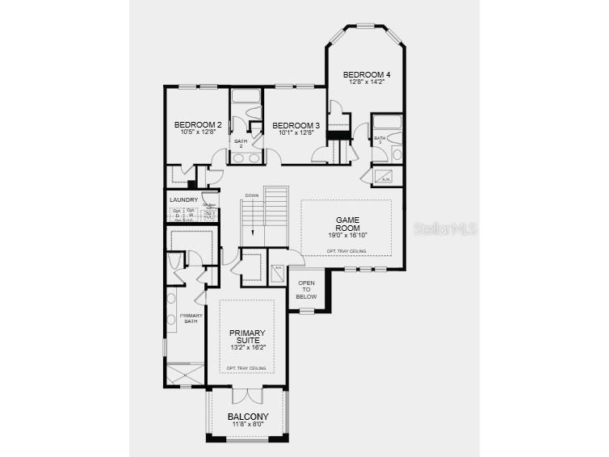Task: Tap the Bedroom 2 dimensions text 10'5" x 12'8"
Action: [x=198, y=132]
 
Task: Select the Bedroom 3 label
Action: [x=296, y=125]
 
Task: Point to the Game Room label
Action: [x=347, y=224]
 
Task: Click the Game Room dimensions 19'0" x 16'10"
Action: [x=347, y=235]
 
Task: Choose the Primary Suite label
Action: [x=247, y=337]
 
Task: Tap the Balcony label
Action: [x=247, y=417]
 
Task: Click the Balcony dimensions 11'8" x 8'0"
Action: [x=247, y=426]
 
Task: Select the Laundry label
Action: [x=183, y=199]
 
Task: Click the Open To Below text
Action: [x=306, y=290]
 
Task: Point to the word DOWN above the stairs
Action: [x=252, y=195]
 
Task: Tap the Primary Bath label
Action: [x=191, y=318]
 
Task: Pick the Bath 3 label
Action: [x=380, y=140]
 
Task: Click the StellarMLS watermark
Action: [x=445, y=229]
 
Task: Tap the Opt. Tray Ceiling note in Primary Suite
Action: [x=247, y=368]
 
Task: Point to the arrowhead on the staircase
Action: [x=253, y=233]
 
